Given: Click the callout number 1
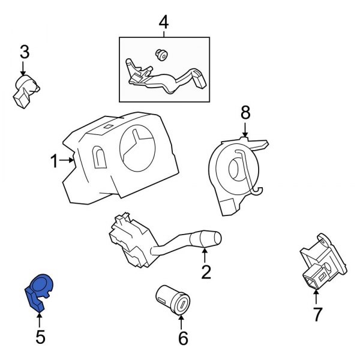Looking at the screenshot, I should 54,161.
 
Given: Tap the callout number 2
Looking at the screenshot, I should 206,273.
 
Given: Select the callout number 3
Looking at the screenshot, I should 24,52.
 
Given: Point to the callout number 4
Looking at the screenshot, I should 164,23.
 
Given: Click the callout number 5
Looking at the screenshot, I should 40,337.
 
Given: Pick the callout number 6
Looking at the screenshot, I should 183,338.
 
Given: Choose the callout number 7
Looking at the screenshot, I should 317,314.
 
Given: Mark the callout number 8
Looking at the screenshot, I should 245,112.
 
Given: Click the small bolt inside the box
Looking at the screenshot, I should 161,56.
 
